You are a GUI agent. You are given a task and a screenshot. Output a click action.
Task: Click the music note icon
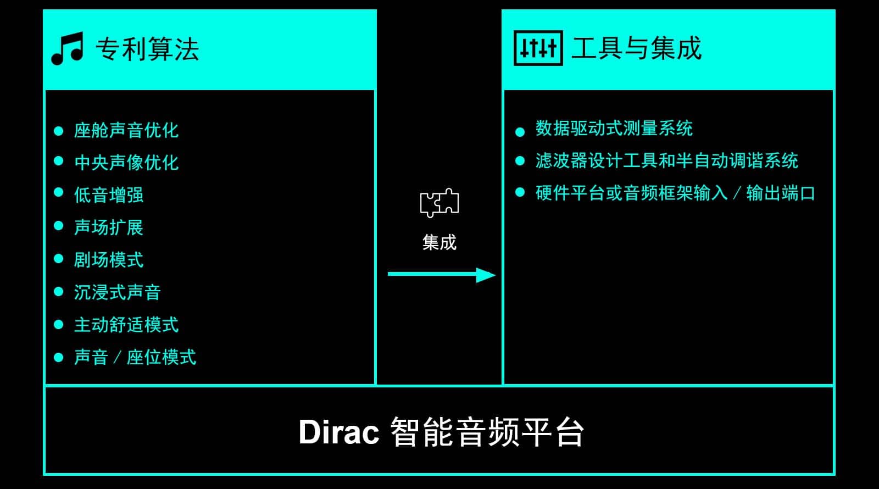[67, 48]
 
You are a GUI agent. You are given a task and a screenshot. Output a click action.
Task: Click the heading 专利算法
[148, 49]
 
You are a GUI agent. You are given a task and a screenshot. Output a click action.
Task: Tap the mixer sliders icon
[538, 48]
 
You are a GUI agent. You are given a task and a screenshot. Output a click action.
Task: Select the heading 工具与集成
[637, 48]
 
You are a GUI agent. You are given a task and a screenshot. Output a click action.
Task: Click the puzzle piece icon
[439, 203]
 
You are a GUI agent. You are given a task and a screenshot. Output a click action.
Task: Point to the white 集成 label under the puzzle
[439, 242]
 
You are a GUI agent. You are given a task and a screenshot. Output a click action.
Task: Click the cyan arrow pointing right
[442, 275]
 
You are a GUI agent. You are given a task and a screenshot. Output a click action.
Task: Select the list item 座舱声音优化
[126, 130]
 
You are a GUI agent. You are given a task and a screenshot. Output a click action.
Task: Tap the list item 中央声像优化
[126, 163]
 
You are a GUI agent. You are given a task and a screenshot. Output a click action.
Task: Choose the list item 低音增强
[109, 195]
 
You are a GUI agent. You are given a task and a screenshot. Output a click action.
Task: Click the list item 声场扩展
[109, 227]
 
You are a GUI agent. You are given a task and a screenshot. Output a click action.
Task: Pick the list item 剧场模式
[109, 260]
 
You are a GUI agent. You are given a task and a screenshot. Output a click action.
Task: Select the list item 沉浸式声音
[118, 292]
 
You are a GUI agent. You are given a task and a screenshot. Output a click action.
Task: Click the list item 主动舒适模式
[126, 325]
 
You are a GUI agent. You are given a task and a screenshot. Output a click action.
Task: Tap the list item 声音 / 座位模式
[135, 357]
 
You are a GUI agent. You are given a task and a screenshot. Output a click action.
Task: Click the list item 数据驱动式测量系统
[614, 129]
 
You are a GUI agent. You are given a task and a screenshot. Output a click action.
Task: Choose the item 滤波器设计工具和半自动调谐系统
[667, 160]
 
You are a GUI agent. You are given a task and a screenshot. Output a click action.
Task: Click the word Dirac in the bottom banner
[339, 432]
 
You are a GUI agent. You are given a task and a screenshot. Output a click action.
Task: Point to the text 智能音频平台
[487, 432]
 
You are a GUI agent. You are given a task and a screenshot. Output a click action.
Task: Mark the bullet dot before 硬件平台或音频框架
[520, 192]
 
